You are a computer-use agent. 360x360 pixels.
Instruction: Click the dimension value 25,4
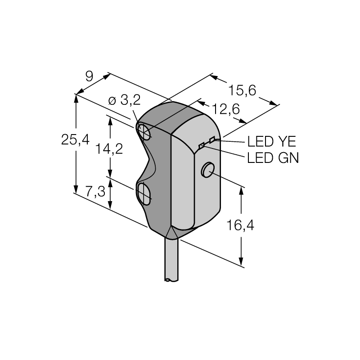[75, 139]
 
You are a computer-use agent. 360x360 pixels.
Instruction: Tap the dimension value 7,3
[95, 192]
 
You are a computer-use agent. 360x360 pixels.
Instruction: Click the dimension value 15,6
[242, 90]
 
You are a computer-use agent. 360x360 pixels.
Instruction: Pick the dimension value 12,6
[226, 109]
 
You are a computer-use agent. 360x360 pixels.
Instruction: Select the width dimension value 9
[89, 76]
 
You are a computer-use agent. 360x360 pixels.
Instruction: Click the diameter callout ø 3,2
[124, 100]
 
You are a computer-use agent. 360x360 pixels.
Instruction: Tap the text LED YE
[272, 141]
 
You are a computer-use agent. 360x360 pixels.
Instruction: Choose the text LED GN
[273, 158]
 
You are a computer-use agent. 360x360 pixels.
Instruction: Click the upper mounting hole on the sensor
[144, 132]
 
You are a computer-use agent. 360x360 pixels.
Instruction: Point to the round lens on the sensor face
[208, 170]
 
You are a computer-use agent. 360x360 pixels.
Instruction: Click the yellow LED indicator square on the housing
[212, 140]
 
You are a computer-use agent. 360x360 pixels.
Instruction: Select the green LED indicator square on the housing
[202, 145]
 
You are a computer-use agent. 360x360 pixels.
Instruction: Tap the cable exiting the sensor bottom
[171, 260]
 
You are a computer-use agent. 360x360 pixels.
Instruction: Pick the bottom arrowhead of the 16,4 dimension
[241, 261]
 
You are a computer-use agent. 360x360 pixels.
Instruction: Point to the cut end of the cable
[171, 280]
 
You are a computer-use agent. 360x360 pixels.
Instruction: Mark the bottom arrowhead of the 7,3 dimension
[110, 205]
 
